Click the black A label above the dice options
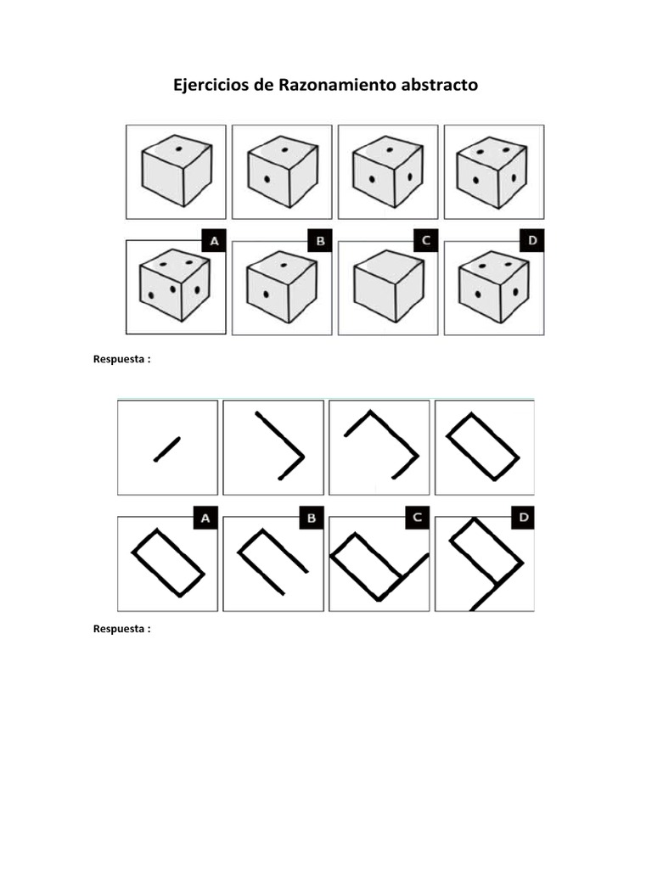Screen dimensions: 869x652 coord(214,242)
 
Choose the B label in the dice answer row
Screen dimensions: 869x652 coord(320,242)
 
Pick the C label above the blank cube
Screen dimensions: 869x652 coord(426,242)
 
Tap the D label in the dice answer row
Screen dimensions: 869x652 coord(532,242)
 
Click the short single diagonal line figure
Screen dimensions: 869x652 coord(167,449)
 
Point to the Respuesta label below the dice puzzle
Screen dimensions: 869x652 coord(121,360)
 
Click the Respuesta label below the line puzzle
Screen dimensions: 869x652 coord(121,629)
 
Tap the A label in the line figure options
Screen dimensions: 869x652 coord(205,518)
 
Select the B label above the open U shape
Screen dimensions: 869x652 coord(311,518)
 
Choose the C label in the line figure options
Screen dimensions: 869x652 coord(417,518)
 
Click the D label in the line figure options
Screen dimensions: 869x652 coord(522,518)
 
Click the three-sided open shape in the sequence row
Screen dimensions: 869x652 coord(381,443)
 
